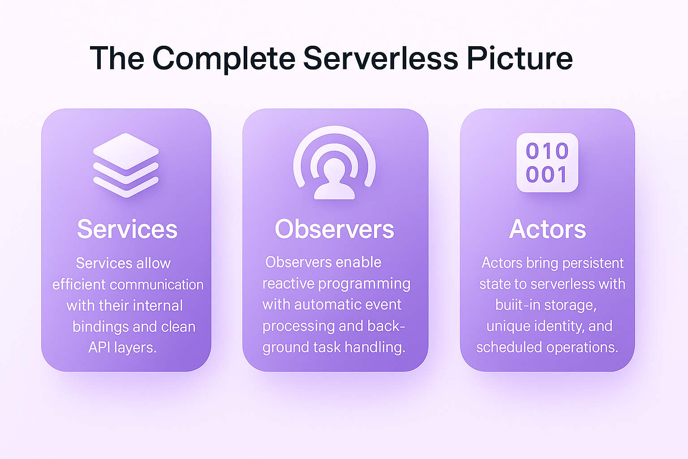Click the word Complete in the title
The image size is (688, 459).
pyautogui.click(x=224, y=59)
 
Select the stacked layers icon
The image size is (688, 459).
pyautogui.click(x=126, y=165)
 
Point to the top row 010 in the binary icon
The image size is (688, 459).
pyautogui.click(x=547, y=151)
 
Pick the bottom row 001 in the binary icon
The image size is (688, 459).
pyautogui.click(x=547, y=175)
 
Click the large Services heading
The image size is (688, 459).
pyautogui.click(x=127, y=229)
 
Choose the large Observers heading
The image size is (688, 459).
pyautogui.click(x=334, y=229)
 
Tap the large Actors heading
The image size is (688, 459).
pyautogui.click(x=547, y=229)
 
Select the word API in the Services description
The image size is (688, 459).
pyautogui.click(x=99, y=347)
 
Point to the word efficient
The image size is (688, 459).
pyautogui.click(x=79, y=285)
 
